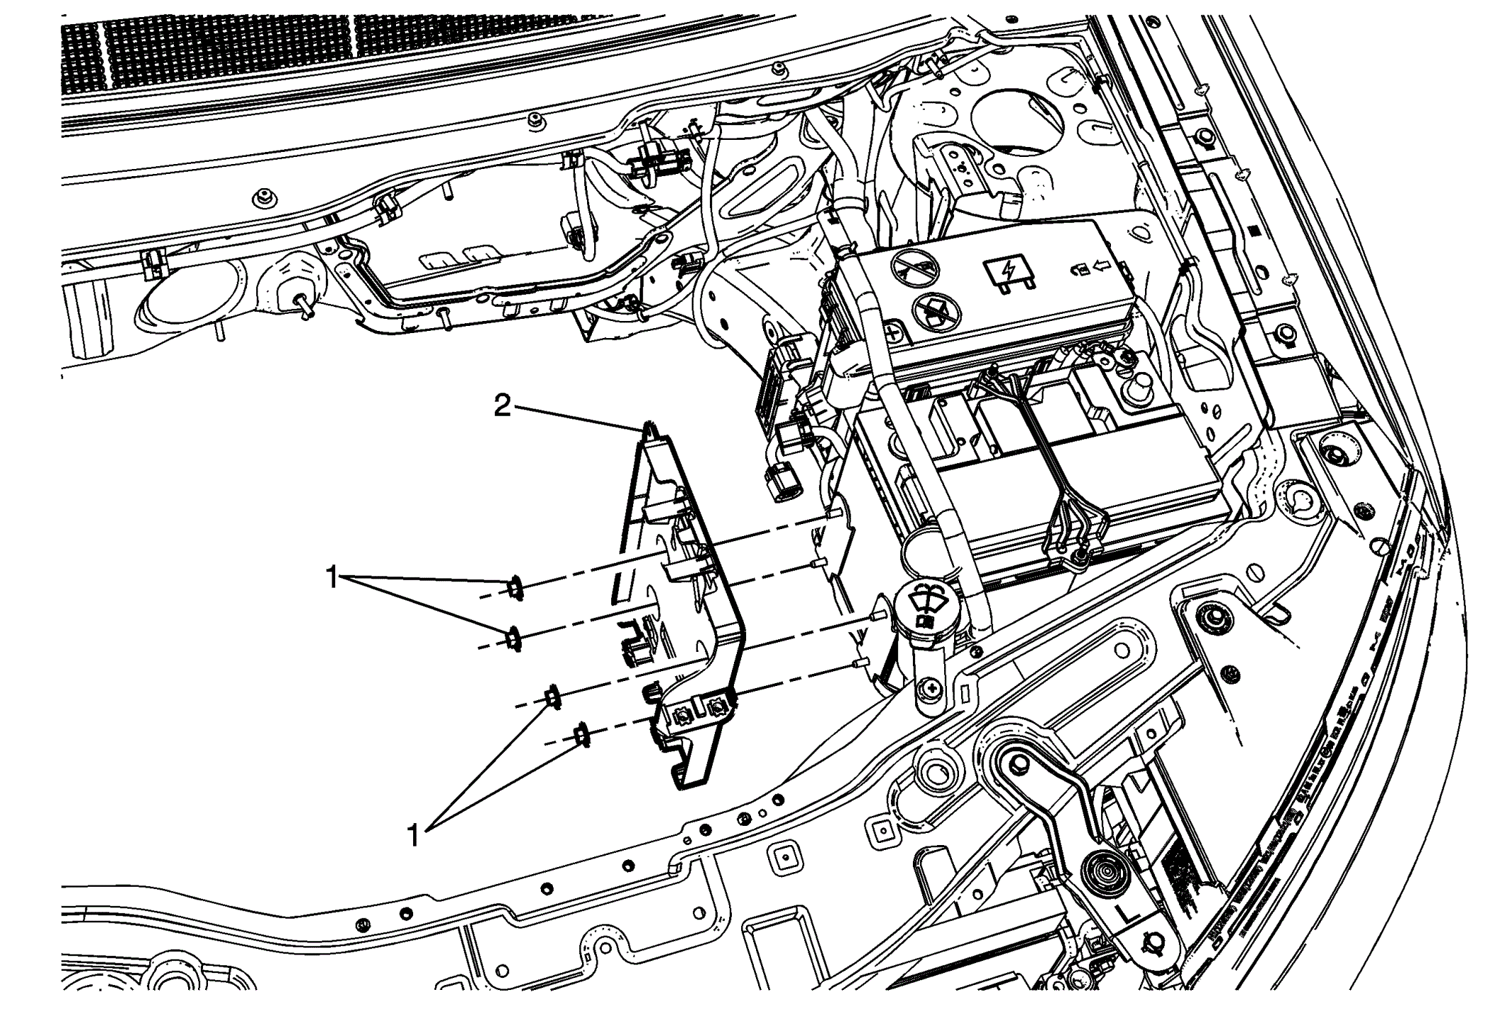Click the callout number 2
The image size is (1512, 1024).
503,407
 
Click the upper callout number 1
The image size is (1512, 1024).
332,577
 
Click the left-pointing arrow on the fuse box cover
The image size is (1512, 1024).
1102,268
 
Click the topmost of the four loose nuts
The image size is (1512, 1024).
515,588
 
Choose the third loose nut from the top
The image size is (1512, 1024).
552,698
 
